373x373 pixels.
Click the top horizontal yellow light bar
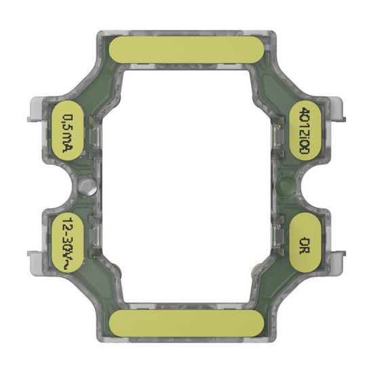click(x=186, y=49)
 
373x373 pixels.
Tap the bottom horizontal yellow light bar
click(x=186, y=323)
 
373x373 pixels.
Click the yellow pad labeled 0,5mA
click(x=66, y=131)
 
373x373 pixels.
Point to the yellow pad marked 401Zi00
click(x=307, y=131)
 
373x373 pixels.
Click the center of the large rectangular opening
click(x=186, y=186)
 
